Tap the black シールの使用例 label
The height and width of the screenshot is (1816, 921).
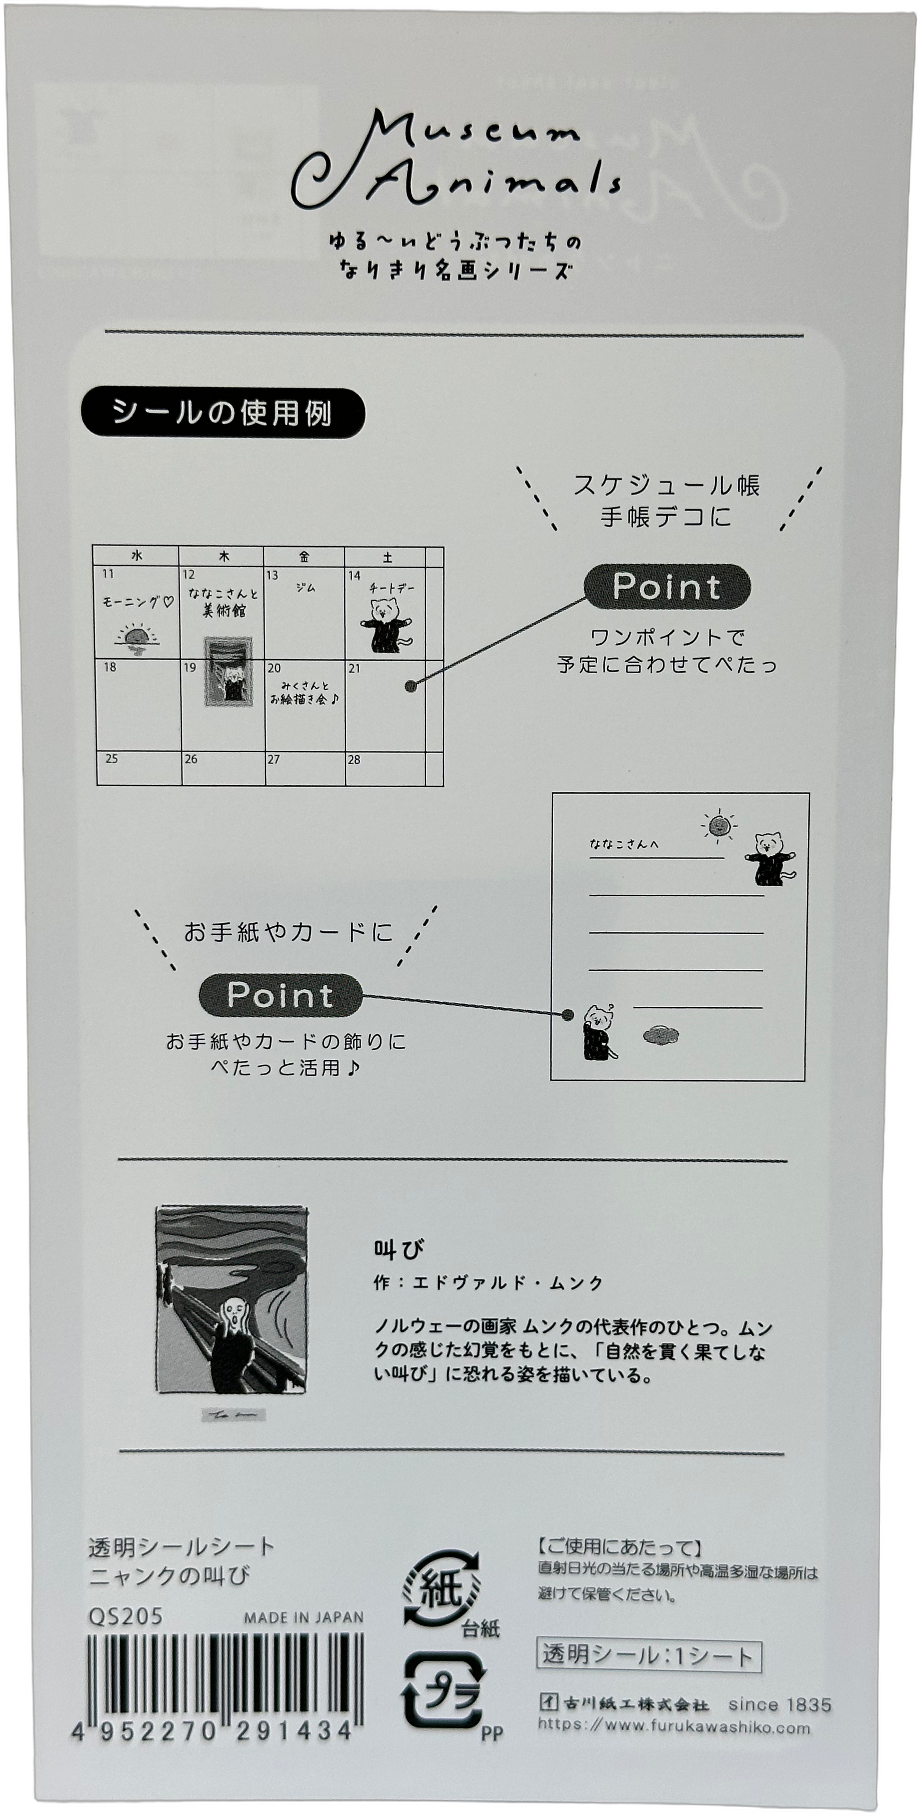click(223, 414)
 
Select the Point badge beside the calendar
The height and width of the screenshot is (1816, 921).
click(666, 586)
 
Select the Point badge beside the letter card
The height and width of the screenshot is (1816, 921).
click(280, 995)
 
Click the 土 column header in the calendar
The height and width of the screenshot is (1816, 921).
click(387, 557)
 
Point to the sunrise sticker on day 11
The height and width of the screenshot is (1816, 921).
click(136, 637)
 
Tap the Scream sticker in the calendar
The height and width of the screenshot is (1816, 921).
click(228, 670)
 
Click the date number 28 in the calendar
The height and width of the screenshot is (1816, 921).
click(354, 760)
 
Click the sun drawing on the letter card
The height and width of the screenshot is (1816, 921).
click(718, 825)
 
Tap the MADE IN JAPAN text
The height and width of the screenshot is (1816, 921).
click(304, 1618)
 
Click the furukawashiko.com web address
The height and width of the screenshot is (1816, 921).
click(673, 1727)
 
